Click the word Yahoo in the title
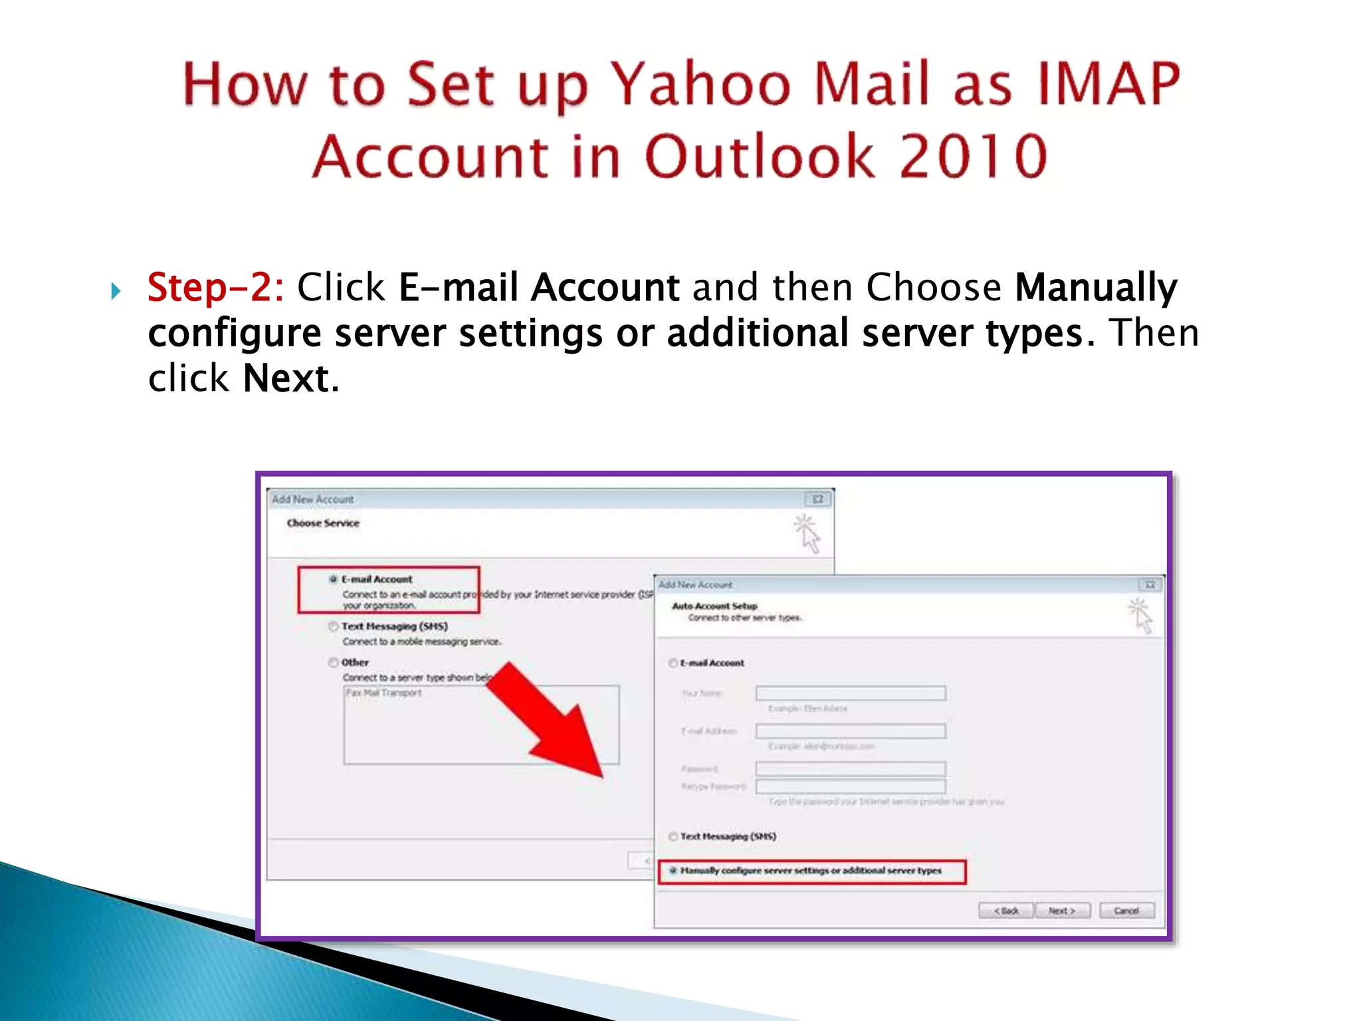click(x=700, y=84)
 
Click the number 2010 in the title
click(x=973, y=157)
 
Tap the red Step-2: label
click(x=215, y=288)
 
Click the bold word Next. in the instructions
click(x=291, y=379)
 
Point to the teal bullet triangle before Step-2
click(x=116, y=290)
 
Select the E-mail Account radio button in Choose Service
click(x=334, y=579)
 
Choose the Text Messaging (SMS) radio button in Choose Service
click(x=334, y=626)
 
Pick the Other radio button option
click(x=334, y=662)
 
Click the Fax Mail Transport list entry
click(x=384, y=693)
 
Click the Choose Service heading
click(x=323, y=523)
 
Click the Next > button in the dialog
click(x=1062, y=911)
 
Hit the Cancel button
click(x=1126, y=911)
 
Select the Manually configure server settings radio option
click(x=673, y=870)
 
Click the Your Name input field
click(x=851, y=693)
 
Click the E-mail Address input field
click(x=851, y=731)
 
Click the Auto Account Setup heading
click(x=714, y=606)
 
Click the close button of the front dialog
click(x=1150, y=584)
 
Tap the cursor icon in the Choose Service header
click(x=807, y=534)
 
